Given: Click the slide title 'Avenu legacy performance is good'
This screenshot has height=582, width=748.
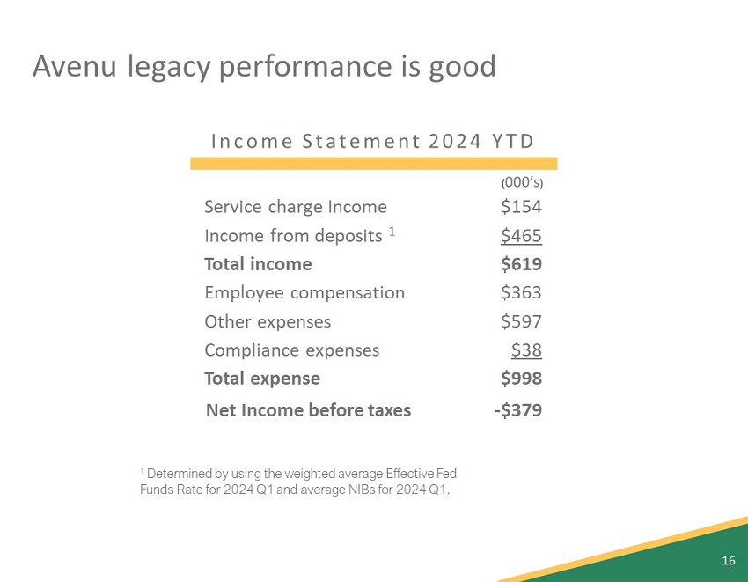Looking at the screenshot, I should click(263, 67).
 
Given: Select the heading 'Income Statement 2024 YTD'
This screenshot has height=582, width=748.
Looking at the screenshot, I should click(373, 141).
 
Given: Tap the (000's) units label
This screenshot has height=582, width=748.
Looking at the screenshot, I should click(522, 183).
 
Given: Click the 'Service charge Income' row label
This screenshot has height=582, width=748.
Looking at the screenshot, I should click(295, 207).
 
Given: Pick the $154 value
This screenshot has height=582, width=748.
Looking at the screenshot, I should click(521, 207).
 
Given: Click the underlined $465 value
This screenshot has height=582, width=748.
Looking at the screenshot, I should click(521, 236).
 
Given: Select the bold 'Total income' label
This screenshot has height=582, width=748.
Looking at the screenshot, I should click(258, 264).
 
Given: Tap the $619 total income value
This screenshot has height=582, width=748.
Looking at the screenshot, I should click(521, 264).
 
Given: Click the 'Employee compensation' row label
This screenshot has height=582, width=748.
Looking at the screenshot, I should click(304, 293).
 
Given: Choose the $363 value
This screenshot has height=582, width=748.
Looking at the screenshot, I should click(521, 293).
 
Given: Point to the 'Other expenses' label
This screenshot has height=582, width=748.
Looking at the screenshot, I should click(268, 321).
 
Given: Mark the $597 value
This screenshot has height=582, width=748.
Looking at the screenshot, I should click(521, 321).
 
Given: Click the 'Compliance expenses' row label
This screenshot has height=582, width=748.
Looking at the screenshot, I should click(291, 350).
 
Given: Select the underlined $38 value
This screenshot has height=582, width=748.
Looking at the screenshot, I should click(526, 350).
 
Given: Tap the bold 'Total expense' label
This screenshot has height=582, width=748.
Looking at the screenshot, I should click(262, 379).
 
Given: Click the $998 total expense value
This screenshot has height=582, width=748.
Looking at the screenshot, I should click(521, 379).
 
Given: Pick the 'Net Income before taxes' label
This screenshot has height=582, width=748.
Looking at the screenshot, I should click(308, 410).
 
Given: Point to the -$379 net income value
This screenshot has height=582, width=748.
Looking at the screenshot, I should click(518, 410).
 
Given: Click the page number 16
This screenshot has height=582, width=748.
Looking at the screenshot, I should click(728, 561).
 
